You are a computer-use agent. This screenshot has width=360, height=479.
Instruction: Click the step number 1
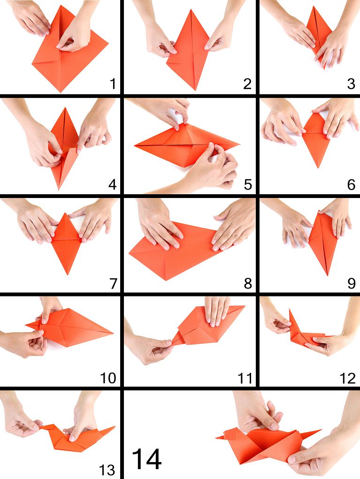click(x=113, y=84)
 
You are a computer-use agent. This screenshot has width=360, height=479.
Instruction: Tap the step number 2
click(x=247, y=84)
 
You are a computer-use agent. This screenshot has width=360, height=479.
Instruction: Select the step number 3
click(x=351, y=84)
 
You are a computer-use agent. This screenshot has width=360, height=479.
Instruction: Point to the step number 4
click(x=113, y=184)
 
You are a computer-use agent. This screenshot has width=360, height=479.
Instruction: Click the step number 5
click(x=248, y=184)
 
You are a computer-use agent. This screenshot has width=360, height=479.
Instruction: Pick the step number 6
click(x=352, y=184)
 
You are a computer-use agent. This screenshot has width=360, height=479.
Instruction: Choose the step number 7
click(x=113, y=284)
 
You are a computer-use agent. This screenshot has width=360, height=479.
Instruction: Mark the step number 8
click(x=248, y=284)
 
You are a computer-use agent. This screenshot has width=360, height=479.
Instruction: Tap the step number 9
click(x=352, y=284)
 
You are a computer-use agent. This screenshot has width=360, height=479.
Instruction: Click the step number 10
click(x=108, y=378)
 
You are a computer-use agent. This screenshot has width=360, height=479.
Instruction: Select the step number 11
click(x=245, y=378)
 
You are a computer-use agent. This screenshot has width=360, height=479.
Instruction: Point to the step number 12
click(x=348, y=378)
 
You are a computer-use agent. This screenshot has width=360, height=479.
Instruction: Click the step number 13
click(x=107, y=470)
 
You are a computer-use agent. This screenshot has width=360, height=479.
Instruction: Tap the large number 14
click(x=147, y=459)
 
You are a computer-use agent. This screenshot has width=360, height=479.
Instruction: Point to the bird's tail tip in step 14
click(x=321, y=430)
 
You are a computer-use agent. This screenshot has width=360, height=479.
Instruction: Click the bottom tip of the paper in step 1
click(x=61, y=92)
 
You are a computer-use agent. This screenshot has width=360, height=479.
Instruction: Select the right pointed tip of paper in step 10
click(x=113, y=333)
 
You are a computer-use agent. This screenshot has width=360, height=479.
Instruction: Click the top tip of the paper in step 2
click(x=191, y=10)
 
